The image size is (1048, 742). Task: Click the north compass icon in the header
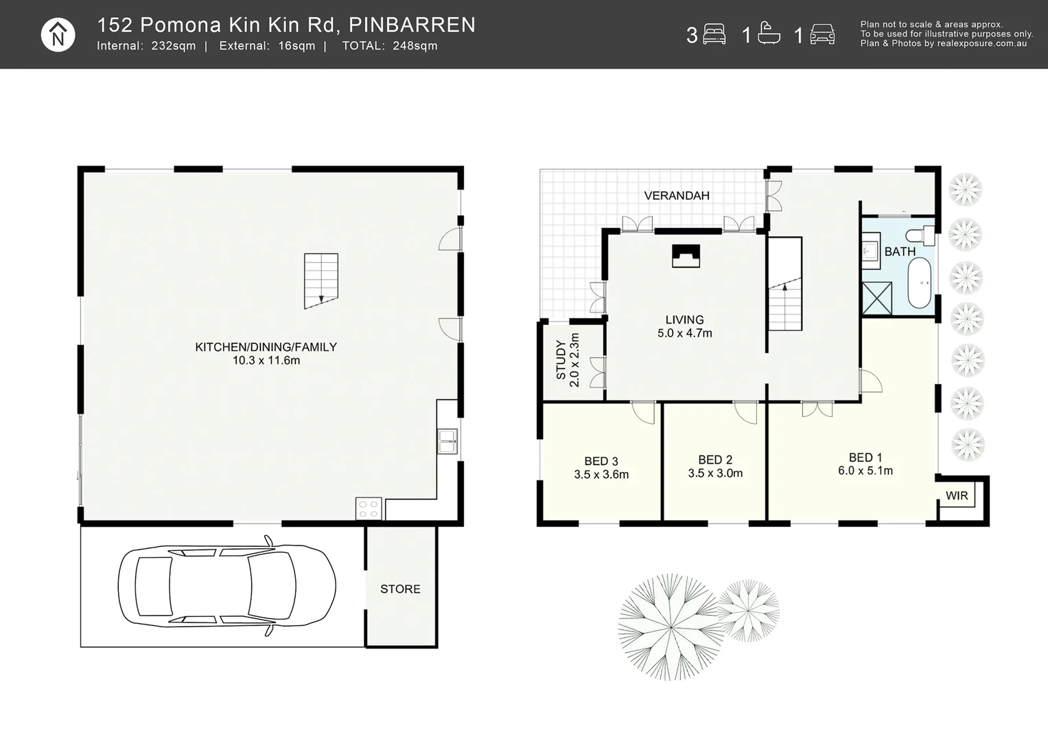click(x=58, y=34)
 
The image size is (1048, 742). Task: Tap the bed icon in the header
click(x=714, y=34)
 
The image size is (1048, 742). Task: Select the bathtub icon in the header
click(x=769, y=33)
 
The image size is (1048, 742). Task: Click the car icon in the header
click(x=822, y=34)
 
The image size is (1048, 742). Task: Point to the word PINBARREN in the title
click(x=412, y=25)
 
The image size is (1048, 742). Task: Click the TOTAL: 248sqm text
click(x=390, y=46)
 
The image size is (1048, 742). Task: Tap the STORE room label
click(x=400, y=589)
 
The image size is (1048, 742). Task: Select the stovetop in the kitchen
click(x=369, y=508)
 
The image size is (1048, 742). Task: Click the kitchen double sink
click(x=447, y=441)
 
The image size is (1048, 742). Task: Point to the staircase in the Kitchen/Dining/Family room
click(x=321, y=280)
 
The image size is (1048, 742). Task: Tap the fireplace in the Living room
click(x=686, y=256)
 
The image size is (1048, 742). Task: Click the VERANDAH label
click(x=677, y=196)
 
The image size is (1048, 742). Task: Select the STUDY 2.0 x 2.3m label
click(x=568, y=360)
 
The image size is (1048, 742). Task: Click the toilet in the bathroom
click(x=920, y=235)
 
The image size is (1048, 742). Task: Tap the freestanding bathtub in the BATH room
click(x=920, y=282)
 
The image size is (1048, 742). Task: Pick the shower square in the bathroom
click(x=877, y=298)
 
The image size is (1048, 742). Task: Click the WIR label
click(x=957, y=495)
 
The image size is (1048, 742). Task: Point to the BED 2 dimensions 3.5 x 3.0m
click(x=715, y=473)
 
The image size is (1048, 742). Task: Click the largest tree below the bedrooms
click(x=671, y=627)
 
